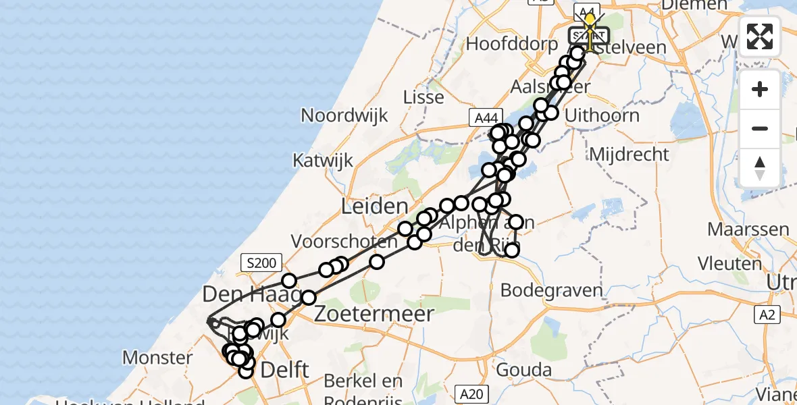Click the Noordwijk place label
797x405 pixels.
tap(344, 115)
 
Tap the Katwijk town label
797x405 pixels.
tap(320, 161)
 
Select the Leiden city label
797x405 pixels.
tap(374, 207)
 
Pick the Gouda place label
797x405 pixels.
tap(523, 370)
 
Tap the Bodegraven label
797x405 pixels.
tap(552, 291)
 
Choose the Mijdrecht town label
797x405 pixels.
tap(629, 155)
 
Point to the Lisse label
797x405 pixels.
tap(423, 97)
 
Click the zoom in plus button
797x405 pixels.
tap(760, 89)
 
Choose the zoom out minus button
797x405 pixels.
tap(760, 128)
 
